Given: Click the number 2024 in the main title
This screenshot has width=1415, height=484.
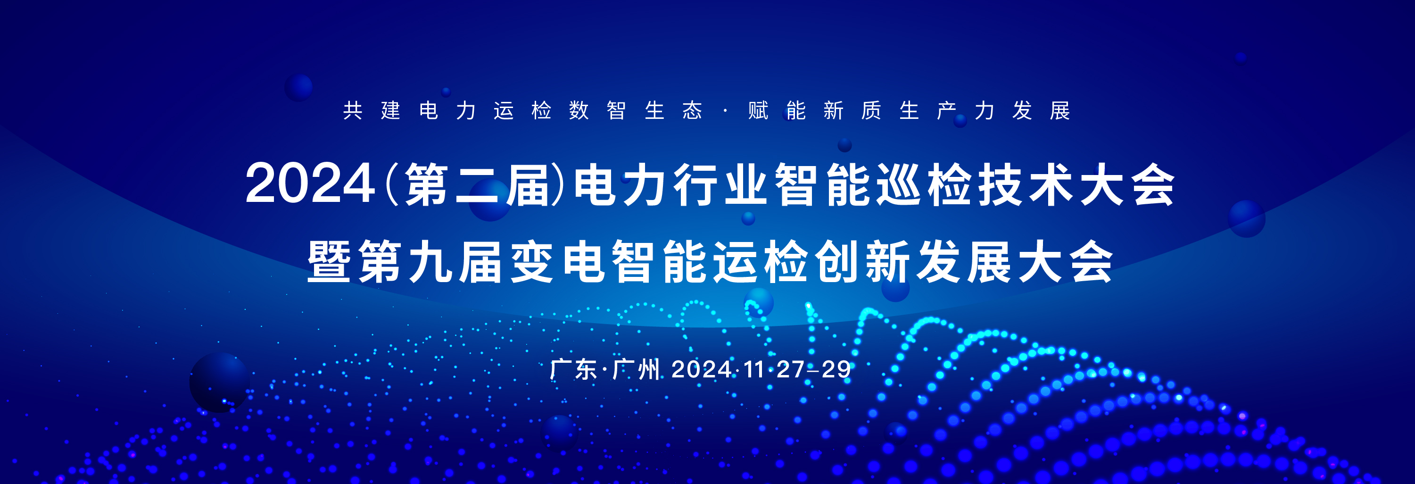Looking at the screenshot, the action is point(310,184).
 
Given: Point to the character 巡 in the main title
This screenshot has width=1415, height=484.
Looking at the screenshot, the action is point(899,184).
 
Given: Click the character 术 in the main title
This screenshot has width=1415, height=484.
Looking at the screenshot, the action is point(1051,184).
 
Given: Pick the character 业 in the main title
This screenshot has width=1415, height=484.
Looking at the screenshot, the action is point(746,184).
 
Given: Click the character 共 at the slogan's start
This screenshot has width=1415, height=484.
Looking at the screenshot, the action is point(353,110).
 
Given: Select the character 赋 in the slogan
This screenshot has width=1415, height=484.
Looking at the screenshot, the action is point(758,110).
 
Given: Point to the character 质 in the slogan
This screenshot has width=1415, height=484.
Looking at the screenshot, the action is point(871,110).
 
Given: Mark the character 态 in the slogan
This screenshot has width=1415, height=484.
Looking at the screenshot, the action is point(692,110).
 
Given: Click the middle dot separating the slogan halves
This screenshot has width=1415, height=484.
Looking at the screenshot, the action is point(726,110).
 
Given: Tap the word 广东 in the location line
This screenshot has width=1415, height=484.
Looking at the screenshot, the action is point(573,369).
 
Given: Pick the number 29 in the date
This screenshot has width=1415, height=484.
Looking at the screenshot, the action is point(836,370).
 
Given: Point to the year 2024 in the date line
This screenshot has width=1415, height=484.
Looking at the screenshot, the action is point(702,370).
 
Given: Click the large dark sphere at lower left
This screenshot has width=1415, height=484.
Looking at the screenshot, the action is point(220,383).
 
